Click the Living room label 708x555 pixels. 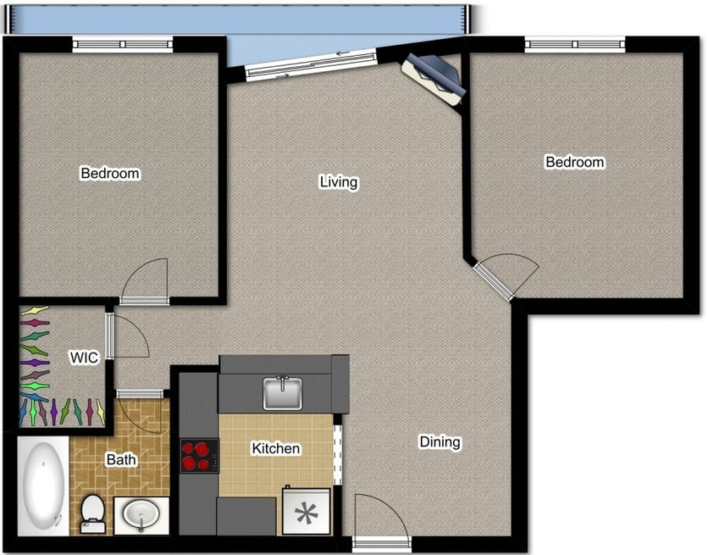click(x=339, y=182)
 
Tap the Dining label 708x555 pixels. click(x=440, y=441)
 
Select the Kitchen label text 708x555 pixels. click(x=276, y=448)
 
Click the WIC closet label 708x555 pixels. click(x=84, y=358)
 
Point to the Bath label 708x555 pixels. click(x=121, y=460)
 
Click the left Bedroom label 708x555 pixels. click(x=110, y=174)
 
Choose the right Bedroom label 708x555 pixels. click(x=575, y=162)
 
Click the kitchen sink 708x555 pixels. click(x=284, y=392)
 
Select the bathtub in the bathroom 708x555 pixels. click(x=42, y=486)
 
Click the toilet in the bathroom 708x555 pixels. click(x=92, y=513)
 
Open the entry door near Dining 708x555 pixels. click(x=380, y=520)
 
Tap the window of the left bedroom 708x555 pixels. click(x=123, y=44)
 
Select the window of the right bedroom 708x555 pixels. click(x=575, y=44)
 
